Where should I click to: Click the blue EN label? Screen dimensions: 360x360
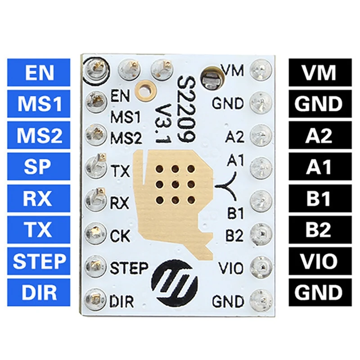[39, 72]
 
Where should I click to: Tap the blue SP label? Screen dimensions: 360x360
[39, 167]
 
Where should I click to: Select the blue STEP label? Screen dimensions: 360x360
[39, 261]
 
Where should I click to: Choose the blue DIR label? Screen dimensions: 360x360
[39, 292]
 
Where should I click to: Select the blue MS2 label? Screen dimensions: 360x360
[39, 135]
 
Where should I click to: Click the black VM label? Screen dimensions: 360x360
[319, 72]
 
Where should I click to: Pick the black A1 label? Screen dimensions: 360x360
[319, 167]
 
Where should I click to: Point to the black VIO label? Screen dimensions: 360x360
[319, 261]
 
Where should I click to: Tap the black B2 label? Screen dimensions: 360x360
[319, 230]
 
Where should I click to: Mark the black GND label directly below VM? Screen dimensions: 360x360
[319, 104]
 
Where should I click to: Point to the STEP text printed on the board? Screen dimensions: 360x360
[129, 269]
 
